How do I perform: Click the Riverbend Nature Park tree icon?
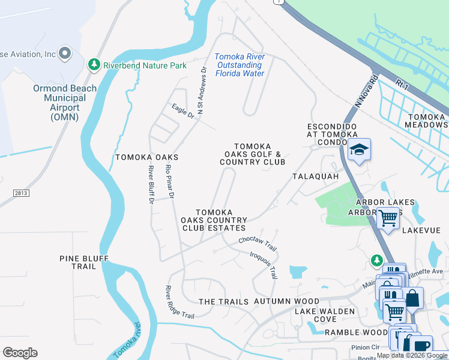[94, 64]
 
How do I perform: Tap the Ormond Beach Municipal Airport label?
[65, 103]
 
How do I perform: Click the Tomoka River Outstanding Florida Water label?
[240, 65]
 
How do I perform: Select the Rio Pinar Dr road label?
[170, 182]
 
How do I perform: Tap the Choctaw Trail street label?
[257, 243]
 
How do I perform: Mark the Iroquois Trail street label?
[264, 265]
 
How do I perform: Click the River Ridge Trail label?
[180, 302]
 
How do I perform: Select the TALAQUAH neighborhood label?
[316, 177]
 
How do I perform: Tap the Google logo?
[20, 353]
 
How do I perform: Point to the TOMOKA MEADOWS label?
[427, 121]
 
